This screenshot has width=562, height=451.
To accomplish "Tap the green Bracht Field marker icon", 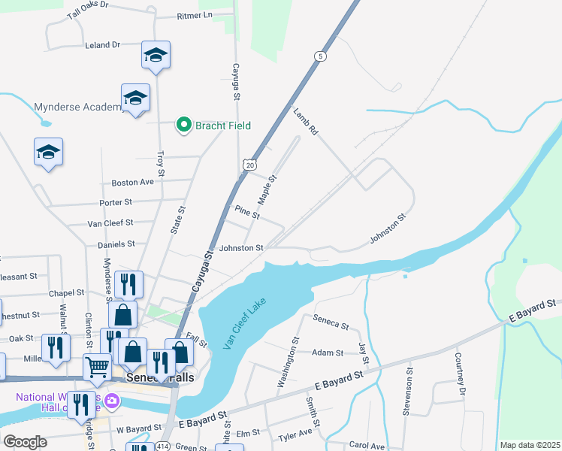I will click(183, 126).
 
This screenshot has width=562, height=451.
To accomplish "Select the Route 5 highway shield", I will click(321, 56).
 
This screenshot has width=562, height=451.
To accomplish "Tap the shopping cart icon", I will click(97, 367).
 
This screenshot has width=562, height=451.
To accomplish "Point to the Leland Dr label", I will click(103, 45).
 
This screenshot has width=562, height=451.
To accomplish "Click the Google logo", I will click(26, 442).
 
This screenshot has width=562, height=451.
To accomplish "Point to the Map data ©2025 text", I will click(530, 445).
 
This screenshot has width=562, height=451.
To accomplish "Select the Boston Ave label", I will click(132, 183).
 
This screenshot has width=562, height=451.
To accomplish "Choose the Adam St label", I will click(328, 353).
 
